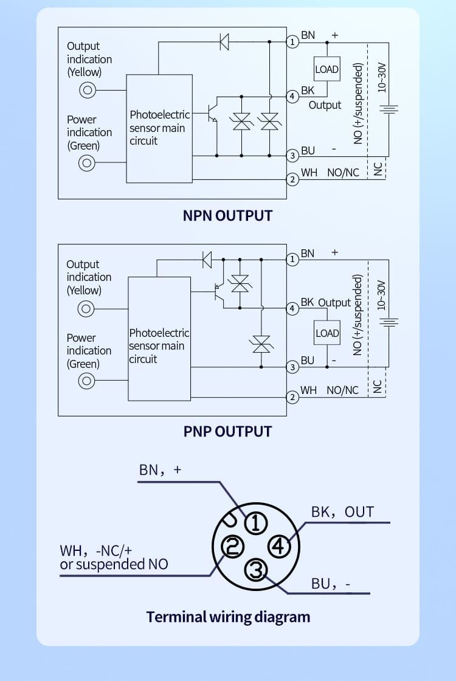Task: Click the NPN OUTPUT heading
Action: click(227, 215)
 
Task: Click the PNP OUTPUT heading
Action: click(227, 431)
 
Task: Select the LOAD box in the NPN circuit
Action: click(326, 69)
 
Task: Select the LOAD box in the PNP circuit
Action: click(327, 333)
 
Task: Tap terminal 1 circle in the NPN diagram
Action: click(292, 42)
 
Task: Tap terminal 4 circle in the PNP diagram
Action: click(292, 308)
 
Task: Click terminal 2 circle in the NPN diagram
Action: click(292, 179)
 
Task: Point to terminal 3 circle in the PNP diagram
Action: click(292, 367)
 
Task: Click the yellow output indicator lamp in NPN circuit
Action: click(88, 91)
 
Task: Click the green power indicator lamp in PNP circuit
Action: click(87, 381)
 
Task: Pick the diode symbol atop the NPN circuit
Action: click(224, 42)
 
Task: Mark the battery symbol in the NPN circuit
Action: click(389, 109)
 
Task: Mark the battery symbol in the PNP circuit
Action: click(389, 322)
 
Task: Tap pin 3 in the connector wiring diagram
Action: click(256, 570)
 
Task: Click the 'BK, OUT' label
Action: click(342, 512)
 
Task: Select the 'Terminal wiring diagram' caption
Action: click(228, 617)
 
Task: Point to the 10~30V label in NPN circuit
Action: click(382, 77)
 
